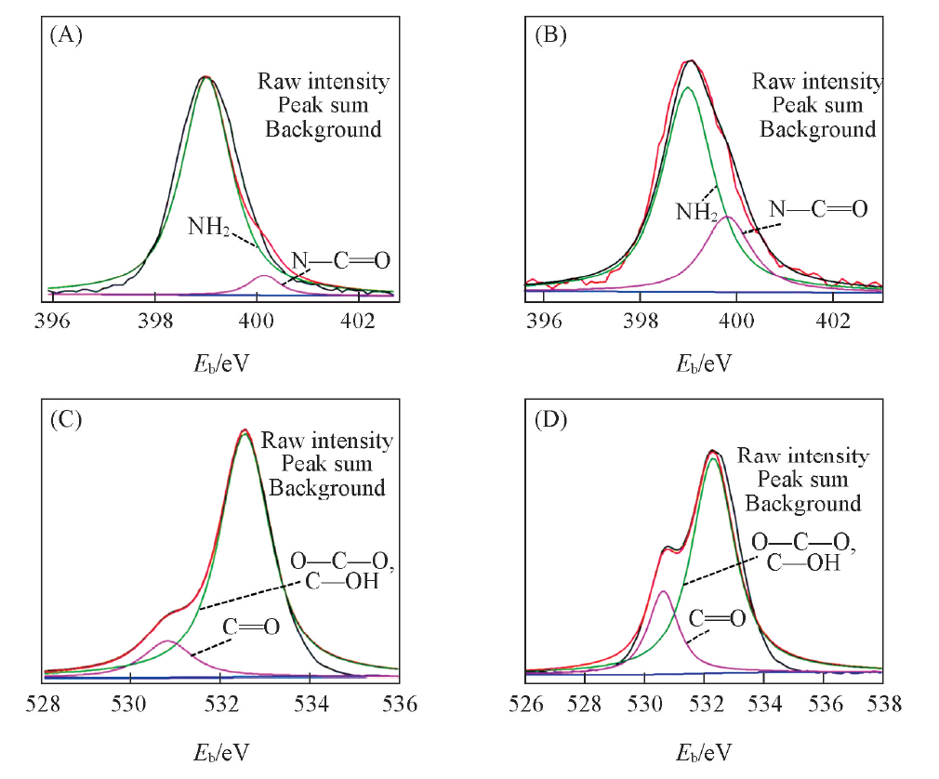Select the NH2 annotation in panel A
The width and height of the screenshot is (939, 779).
207,226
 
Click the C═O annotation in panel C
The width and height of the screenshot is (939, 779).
251,627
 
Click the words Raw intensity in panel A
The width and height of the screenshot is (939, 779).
324,82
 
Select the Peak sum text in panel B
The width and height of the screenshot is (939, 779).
817,105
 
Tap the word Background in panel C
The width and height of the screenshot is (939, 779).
327,487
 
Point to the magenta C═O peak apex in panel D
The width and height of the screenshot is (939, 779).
663,591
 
